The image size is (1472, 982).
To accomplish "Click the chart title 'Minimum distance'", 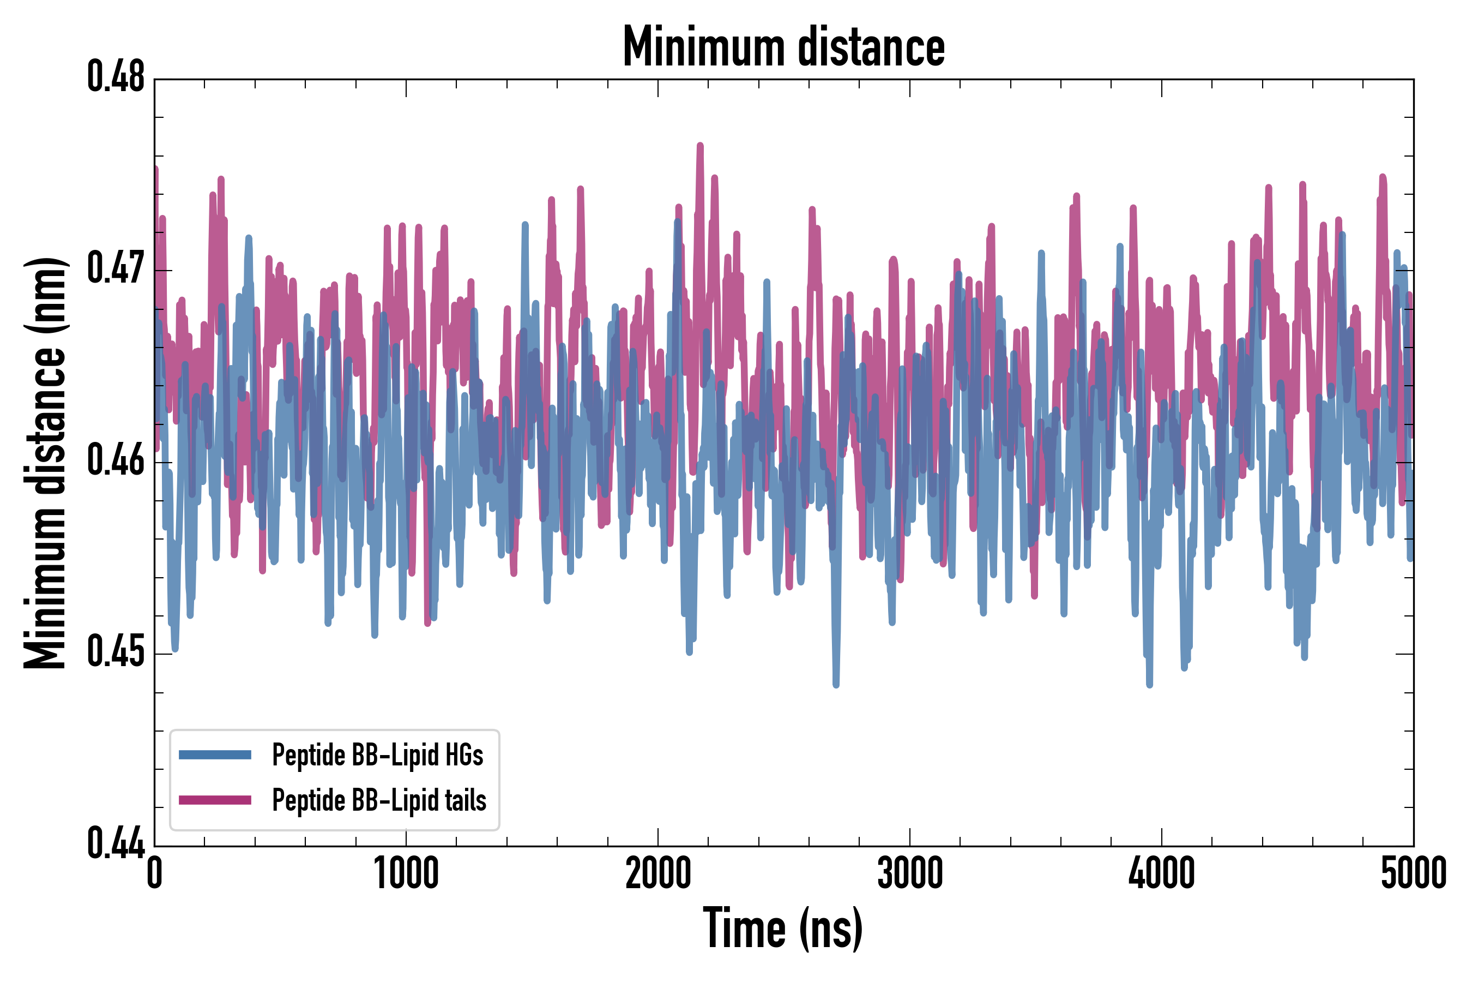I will (x=783, y=47).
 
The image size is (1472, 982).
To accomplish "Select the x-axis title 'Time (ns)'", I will (x=783, y=929).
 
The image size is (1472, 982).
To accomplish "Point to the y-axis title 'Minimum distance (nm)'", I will (x=45, y=463).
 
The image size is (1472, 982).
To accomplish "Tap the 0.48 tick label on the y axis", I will (x=116, y=77).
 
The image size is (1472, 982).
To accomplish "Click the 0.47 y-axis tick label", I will (x=116, y=270).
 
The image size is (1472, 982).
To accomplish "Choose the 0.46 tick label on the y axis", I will (x=116, y=462).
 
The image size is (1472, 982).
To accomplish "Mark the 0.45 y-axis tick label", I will (x=116, y=653).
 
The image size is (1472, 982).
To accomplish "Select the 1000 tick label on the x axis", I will (x=406, y=873).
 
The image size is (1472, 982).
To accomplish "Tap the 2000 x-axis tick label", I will (x=658, y=873).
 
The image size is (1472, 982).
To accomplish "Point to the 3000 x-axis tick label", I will (x=909, y=873).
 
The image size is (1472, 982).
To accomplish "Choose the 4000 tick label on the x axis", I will (x=1162, y=873).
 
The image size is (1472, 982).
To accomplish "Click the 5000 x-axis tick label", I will (x=1413, y=873).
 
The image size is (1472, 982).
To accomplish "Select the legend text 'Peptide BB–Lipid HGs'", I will (x=377, y=755).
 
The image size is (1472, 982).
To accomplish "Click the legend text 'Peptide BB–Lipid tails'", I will (x=379, y=800).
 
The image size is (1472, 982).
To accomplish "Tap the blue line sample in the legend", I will (x=215, y=755).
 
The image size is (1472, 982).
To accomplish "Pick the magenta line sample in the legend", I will (x=215, y=800).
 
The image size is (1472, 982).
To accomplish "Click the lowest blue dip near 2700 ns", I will (x=836, y=684).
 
